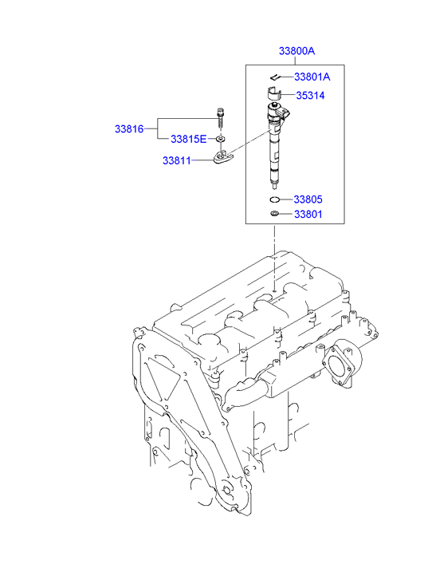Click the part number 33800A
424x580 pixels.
coord(296,51)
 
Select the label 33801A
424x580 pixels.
coord(312,77)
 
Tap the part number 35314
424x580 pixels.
coord(310,96)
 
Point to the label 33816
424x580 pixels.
coord(129,128)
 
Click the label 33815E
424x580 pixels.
coord(189,139)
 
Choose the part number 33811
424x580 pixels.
coord(177,160)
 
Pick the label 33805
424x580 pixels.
coord(308,199)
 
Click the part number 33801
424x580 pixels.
coord(308,214)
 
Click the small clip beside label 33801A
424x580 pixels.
coord(275,77)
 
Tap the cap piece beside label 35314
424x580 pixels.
coord(273,93)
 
